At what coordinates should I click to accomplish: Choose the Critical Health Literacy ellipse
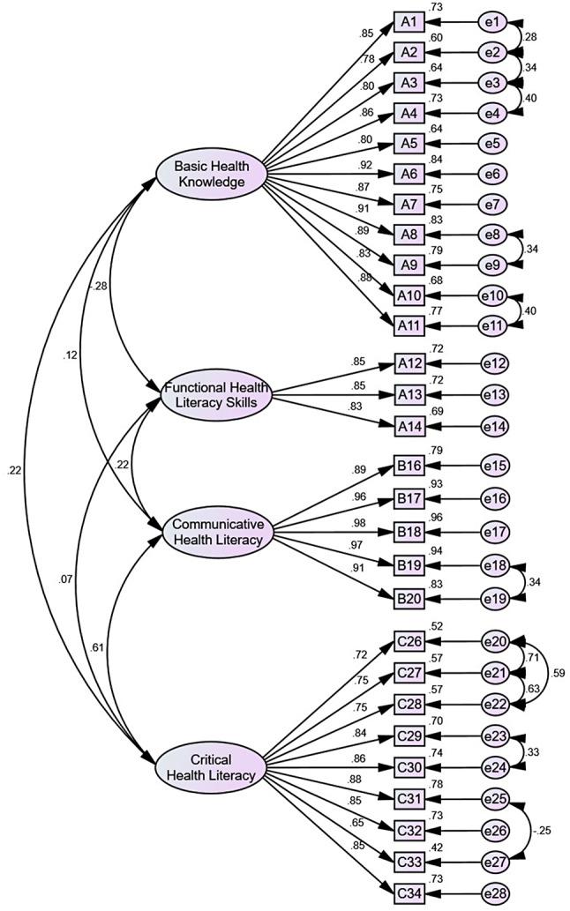click(x=211, y=767)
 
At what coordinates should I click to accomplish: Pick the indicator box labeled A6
click(x=409, y=174)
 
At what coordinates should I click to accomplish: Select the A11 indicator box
click(x=409, y=325)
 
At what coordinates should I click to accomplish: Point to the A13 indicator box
click(x=409, y=395)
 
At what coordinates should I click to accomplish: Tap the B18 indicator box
click(x=409, y=533)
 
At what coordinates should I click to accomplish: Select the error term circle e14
click(x=494, y=425)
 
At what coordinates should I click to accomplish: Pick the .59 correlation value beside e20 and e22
click(x=557, y=674)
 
